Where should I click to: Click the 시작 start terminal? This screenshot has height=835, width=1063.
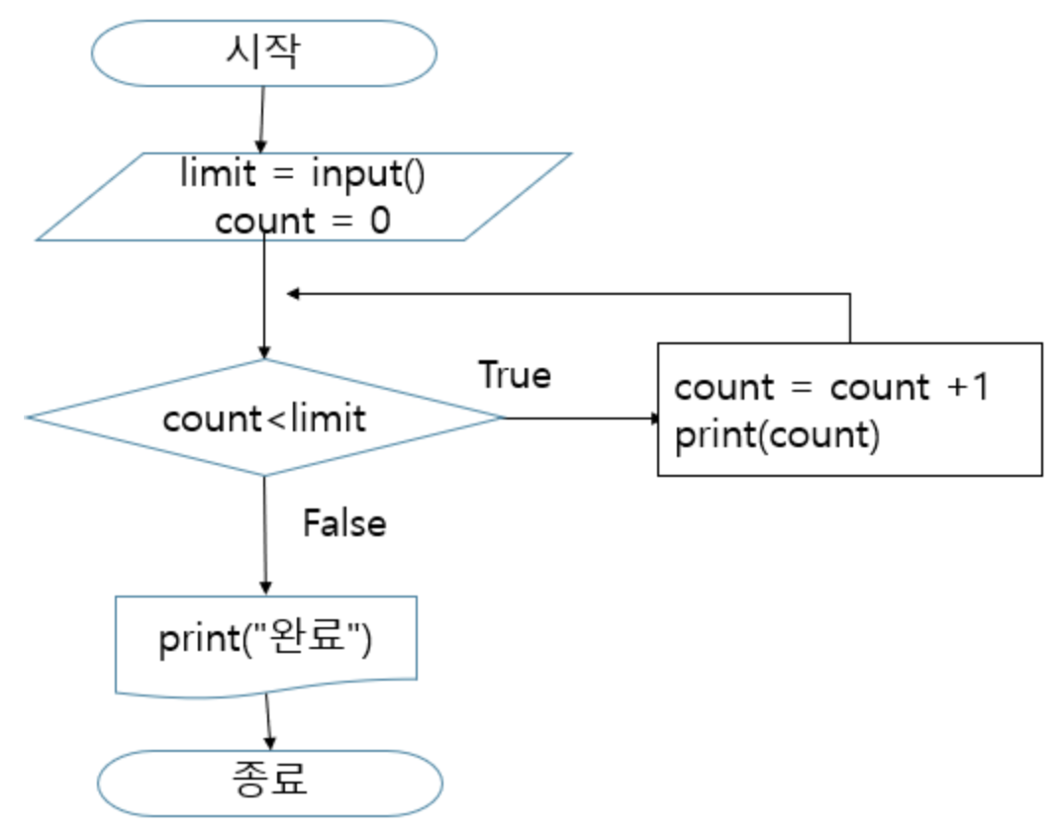tap(263, 52)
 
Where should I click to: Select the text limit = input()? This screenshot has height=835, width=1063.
tap(302, 175)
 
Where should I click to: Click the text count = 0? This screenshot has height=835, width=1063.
tap(302, 221)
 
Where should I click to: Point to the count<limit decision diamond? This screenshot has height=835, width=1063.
tap(264, 417)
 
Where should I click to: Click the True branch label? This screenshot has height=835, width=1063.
tap(515, 375)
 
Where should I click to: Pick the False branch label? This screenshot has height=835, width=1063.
tap(343, 522)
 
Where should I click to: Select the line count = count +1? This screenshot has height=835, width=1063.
tap(831, 387)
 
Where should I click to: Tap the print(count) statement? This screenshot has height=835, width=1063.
tap(777, 435)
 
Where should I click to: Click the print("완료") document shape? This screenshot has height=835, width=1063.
tap(265, 641)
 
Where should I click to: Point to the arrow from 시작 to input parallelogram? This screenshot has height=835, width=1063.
tap(261, 119)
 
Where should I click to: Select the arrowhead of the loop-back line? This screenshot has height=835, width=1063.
tap(293, 293)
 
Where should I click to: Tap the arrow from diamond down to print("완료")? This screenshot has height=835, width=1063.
tap(264, 534)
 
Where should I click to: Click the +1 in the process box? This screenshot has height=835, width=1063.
tap(968, 387)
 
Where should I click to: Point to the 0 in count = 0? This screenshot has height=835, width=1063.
tap(380, 221)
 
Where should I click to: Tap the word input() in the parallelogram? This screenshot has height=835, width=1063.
tap(367, 175)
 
